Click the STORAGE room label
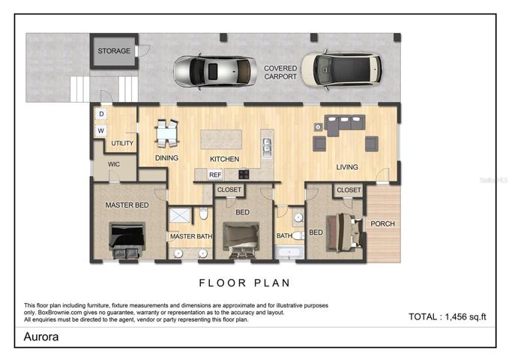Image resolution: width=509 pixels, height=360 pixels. (114, 51)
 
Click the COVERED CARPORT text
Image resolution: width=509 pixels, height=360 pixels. (280, 73)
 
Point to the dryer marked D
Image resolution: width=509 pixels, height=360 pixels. (101, 114)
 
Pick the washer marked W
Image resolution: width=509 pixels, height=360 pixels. (101, 130)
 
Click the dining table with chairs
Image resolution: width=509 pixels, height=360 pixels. (167, 133)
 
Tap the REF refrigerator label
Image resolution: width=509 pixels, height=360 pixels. (215, 175)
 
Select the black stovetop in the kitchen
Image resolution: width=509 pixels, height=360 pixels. (244, 175)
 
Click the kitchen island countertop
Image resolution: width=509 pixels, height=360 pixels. (221, 139)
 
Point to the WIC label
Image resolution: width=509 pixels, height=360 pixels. (114, 164)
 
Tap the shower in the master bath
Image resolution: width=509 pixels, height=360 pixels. (179, 215)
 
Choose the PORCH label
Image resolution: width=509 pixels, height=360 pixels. (382, 223)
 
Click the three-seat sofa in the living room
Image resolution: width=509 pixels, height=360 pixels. (346, 124)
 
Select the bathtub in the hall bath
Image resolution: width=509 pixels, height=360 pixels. (289, 253)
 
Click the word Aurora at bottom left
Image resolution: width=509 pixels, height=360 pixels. (41, 337)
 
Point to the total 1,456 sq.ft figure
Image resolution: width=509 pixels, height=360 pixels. (448, 316)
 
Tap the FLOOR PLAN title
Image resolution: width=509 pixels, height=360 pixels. (244, 283)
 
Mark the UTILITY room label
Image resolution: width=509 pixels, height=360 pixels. (122, 143)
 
